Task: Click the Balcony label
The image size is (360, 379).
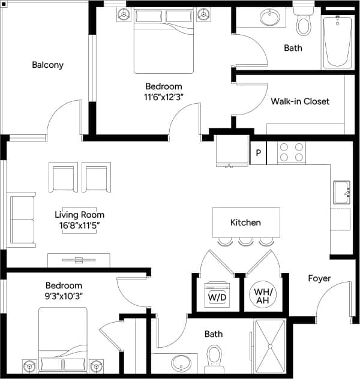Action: [x=47, y=65]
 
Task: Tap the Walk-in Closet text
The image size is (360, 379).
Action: [x=300, y=101]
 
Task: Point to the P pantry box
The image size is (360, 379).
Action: [x=258, y=153]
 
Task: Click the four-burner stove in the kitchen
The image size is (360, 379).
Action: [x=292, y=152]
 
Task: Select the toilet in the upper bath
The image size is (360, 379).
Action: [x=304, y=23]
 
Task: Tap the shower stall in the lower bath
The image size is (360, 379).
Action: [x=271, y=347]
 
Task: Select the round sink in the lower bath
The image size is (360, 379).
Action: [x=181, y=363]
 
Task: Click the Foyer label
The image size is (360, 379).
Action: [x=319, y=278]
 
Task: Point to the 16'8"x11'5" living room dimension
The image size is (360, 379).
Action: [x=79, y=225]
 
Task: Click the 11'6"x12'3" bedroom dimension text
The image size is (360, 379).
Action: [x=163, y=97]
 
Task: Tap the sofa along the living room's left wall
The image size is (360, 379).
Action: [x=22, y=220]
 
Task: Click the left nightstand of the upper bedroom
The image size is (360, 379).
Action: [x=123, y=13]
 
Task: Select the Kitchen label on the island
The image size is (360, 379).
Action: [x=245, y=222]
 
